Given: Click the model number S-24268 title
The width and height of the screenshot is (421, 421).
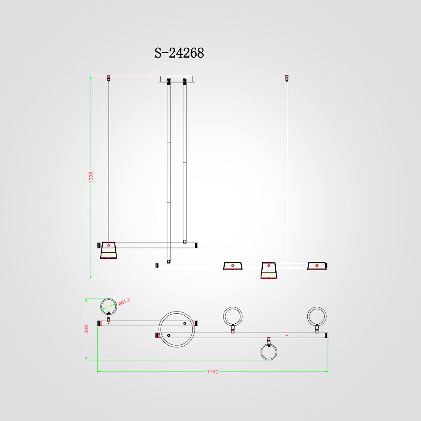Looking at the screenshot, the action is click(179, 53).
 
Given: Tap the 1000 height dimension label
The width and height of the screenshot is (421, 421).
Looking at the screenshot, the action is click(91, 178).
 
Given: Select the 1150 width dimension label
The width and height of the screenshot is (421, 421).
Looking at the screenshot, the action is click(212, 372).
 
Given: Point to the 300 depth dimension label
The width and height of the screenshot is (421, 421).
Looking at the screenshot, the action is click(86, 329).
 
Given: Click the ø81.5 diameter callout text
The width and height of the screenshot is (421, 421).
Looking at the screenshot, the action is click(124, 301).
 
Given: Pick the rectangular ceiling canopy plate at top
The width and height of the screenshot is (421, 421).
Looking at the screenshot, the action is click(177, 79).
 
